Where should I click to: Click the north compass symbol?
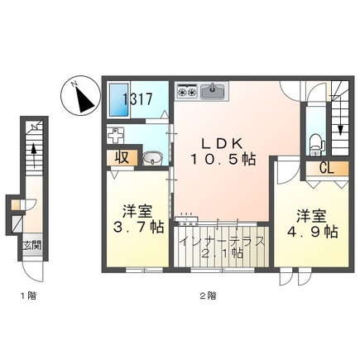[80, 95]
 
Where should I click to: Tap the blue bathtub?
[119, 100]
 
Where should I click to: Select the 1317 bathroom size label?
[137, 99]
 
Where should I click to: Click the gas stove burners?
[187, 91]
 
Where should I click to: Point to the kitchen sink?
[213, 91]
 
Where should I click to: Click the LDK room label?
[222, 143]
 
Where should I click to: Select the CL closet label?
[327, 168]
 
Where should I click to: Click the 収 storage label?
[122, 158]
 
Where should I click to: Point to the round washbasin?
[152, 159]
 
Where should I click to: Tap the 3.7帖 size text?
[138, 228]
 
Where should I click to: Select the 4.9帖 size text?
[312, 232]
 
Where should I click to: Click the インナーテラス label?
[222, 242]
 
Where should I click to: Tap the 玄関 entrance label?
[32, 245]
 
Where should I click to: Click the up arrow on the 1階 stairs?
[34, 156]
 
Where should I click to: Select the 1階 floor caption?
[29, 296]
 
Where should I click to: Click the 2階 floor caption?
[208, 296]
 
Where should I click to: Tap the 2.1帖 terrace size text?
[223, 253]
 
